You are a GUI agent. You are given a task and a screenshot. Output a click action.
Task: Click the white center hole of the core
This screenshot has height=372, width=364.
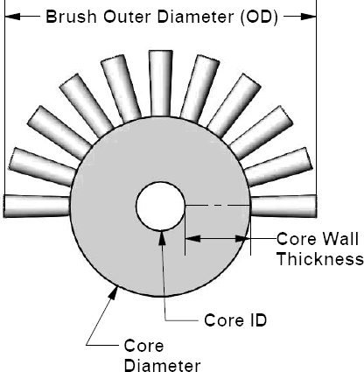tap(160, 206)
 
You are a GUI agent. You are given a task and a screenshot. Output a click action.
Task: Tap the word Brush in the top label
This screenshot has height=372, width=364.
tap(71, 17)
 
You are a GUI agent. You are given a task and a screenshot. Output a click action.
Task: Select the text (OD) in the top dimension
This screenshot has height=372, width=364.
tap(259, 18)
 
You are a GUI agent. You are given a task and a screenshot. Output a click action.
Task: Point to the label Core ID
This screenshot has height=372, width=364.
tap(235, 320)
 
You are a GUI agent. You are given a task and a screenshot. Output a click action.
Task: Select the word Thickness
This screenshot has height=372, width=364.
tap(320, 259)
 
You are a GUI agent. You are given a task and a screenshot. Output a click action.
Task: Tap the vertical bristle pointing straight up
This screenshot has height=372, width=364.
tap(160, 83)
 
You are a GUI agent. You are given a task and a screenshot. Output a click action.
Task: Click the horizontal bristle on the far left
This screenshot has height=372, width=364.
tap(37, 207)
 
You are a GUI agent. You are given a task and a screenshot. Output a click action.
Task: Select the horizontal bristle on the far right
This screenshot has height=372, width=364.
tap(283, 207)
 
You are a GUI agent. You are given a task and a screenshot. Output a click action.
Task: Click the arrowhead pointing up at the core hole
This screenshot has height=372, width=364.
tap(162, 238)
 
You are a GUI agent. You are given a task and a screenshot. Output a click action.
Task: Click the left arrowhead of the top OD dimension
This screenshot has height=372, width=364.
tap(13, 17)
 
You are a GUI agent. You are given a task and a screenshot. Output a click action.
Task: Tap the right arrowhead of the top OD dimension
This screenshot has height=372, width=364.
tap(308, 17)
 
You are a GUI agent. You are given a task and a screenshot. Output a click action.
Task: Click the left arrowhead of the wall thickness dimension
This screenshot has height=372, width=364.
tap(192, 239)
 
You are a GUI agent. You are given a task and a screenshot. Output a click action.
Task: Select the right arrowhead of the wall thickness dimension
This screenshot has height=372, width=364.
tap(242, 239)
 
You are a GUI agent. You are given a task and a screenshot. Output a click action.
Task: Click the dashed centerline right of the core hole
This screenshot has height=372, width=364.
tap(217, 206)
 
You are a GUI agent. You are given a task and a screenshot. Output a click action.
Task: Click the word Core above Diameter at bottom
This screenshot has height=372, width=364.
tap(143, 346)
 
